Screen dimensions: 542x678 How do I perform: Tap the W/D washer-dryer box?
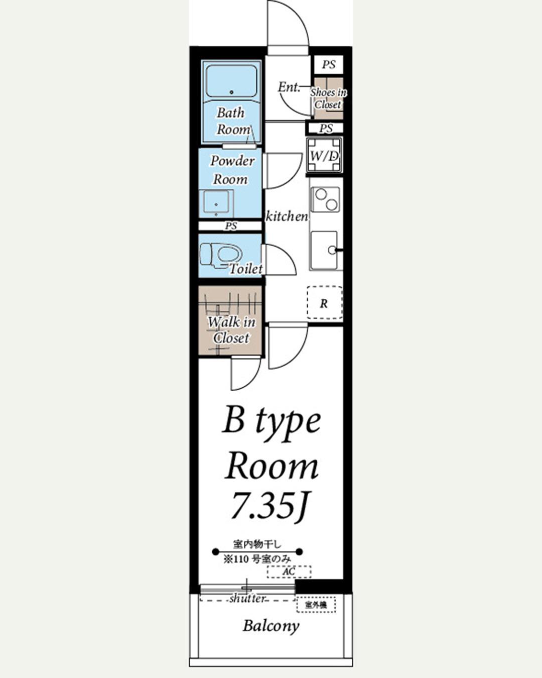coord(324,155)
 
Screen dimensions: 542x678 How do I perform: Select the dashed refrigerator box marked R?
coord(325,303)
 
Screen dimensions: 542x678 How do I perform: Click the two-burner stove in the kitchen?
coord(326,200)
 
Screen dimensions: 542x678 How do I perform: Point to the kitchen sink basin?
coord(324,251)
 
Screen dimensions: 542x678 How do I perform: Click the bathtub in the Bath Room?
coord(231,81)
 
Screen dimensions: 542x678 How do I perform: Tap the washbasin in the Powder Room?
coord(216,203)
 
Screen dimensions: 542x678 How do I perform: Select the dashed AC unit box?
coord(289,572)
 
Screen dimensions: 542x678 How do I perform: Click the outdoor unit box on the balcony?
coord(316,605)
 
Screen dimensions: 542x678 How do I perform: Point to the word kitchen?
coord(287,216)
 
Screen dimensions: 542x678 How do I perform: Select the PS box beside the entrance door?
coord(329,65)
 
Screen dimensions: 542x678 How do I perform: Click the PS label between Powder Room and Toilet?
coord(231,226)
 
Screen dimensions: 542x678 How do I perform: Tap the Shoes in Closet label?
coord(328,98)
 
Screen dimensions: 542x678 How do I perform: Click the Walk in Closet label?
coord(231,330)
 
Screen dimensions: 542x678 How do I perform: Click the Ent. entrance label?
coord(289,87)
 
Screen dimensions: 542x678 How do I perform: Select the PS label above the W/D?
coord(326,128)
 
